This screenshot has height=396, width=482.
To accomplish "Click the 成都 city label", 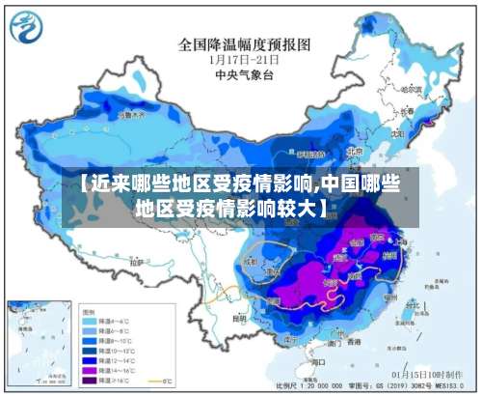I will (x=253, y=260).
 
